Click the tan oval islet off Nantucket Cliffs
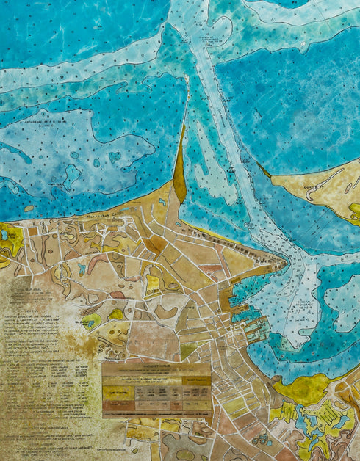[x=29, y=208]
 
